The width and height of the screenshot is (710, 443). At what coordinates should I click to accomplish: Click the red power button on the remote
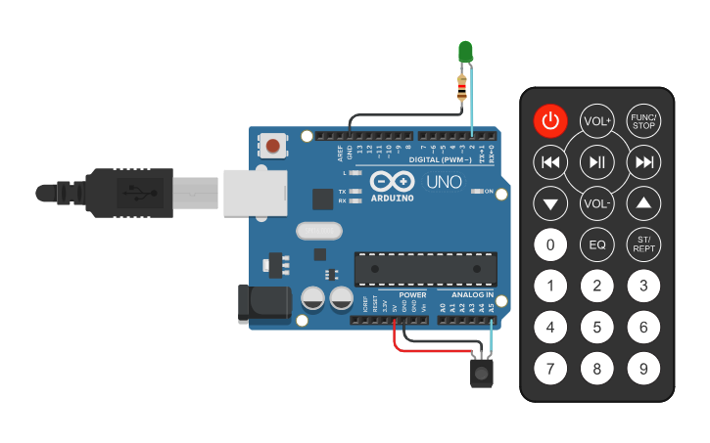550,120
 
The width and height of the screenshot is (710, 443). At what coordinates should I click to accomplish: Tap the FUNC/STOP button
643,120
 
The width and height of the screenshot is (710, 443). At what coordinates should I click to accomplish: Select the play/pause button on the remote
596,161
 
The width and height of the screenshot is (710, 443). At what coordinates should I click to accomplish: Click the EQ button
596,244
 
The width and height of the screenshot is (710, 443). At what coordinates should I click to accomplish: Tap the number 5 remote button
596,328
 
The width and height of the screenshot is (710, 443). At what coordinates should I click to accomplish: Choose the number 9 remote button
643,369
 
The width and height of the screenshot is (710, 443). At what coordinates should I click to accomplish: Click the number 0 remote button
550,244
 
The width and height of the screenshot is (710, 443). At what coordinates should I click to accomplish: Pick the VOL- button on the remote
596,203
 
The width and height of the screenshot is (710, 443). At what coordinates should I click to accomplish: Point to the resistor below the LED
462,88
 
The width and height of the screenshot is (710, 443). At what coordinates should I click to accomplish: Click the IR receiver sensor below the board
481,372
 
